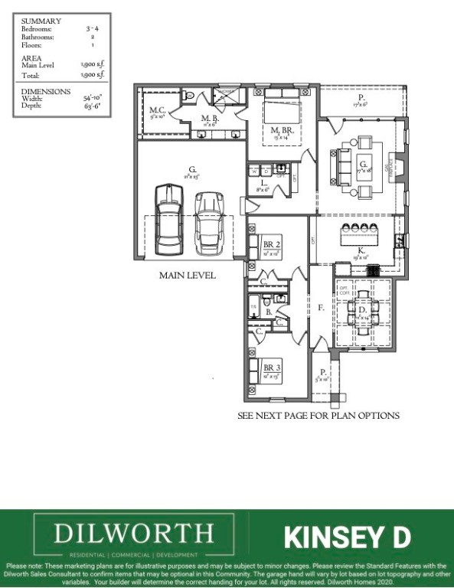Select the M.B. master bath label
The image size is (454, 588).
coord(210,118)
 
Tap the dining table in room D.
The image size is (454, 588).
coord(362,310)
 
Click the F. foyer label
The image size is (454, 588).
coord(322,308)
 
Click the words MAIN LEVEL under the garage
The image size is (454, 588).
coord(188,275)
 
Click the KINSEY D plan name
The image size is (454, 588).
coord(348,537)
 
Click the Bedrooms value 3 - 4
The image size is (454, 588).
coord(93,28)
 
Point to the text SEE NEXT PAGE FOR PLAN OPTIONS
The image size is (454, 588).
coord(318,416)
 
